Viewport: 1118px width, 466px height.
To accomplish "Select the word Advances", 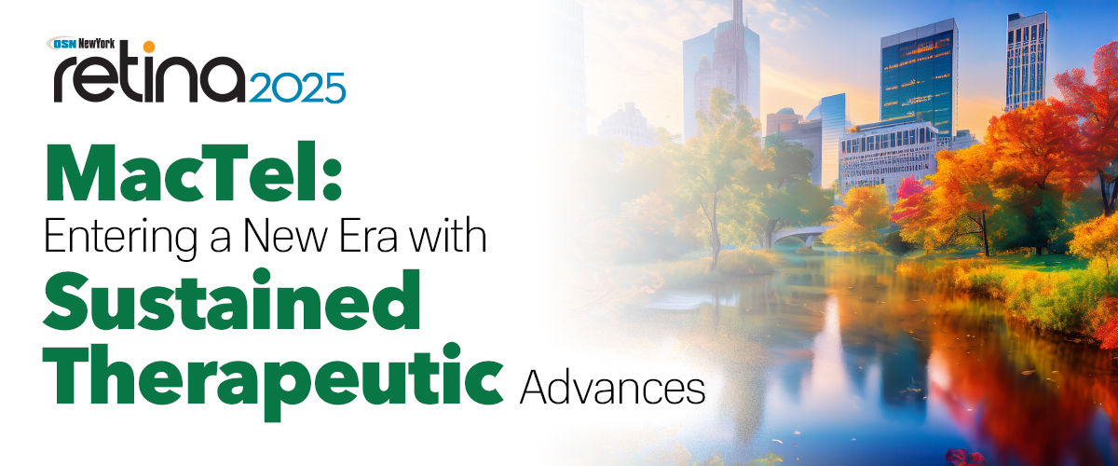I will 611,387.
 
